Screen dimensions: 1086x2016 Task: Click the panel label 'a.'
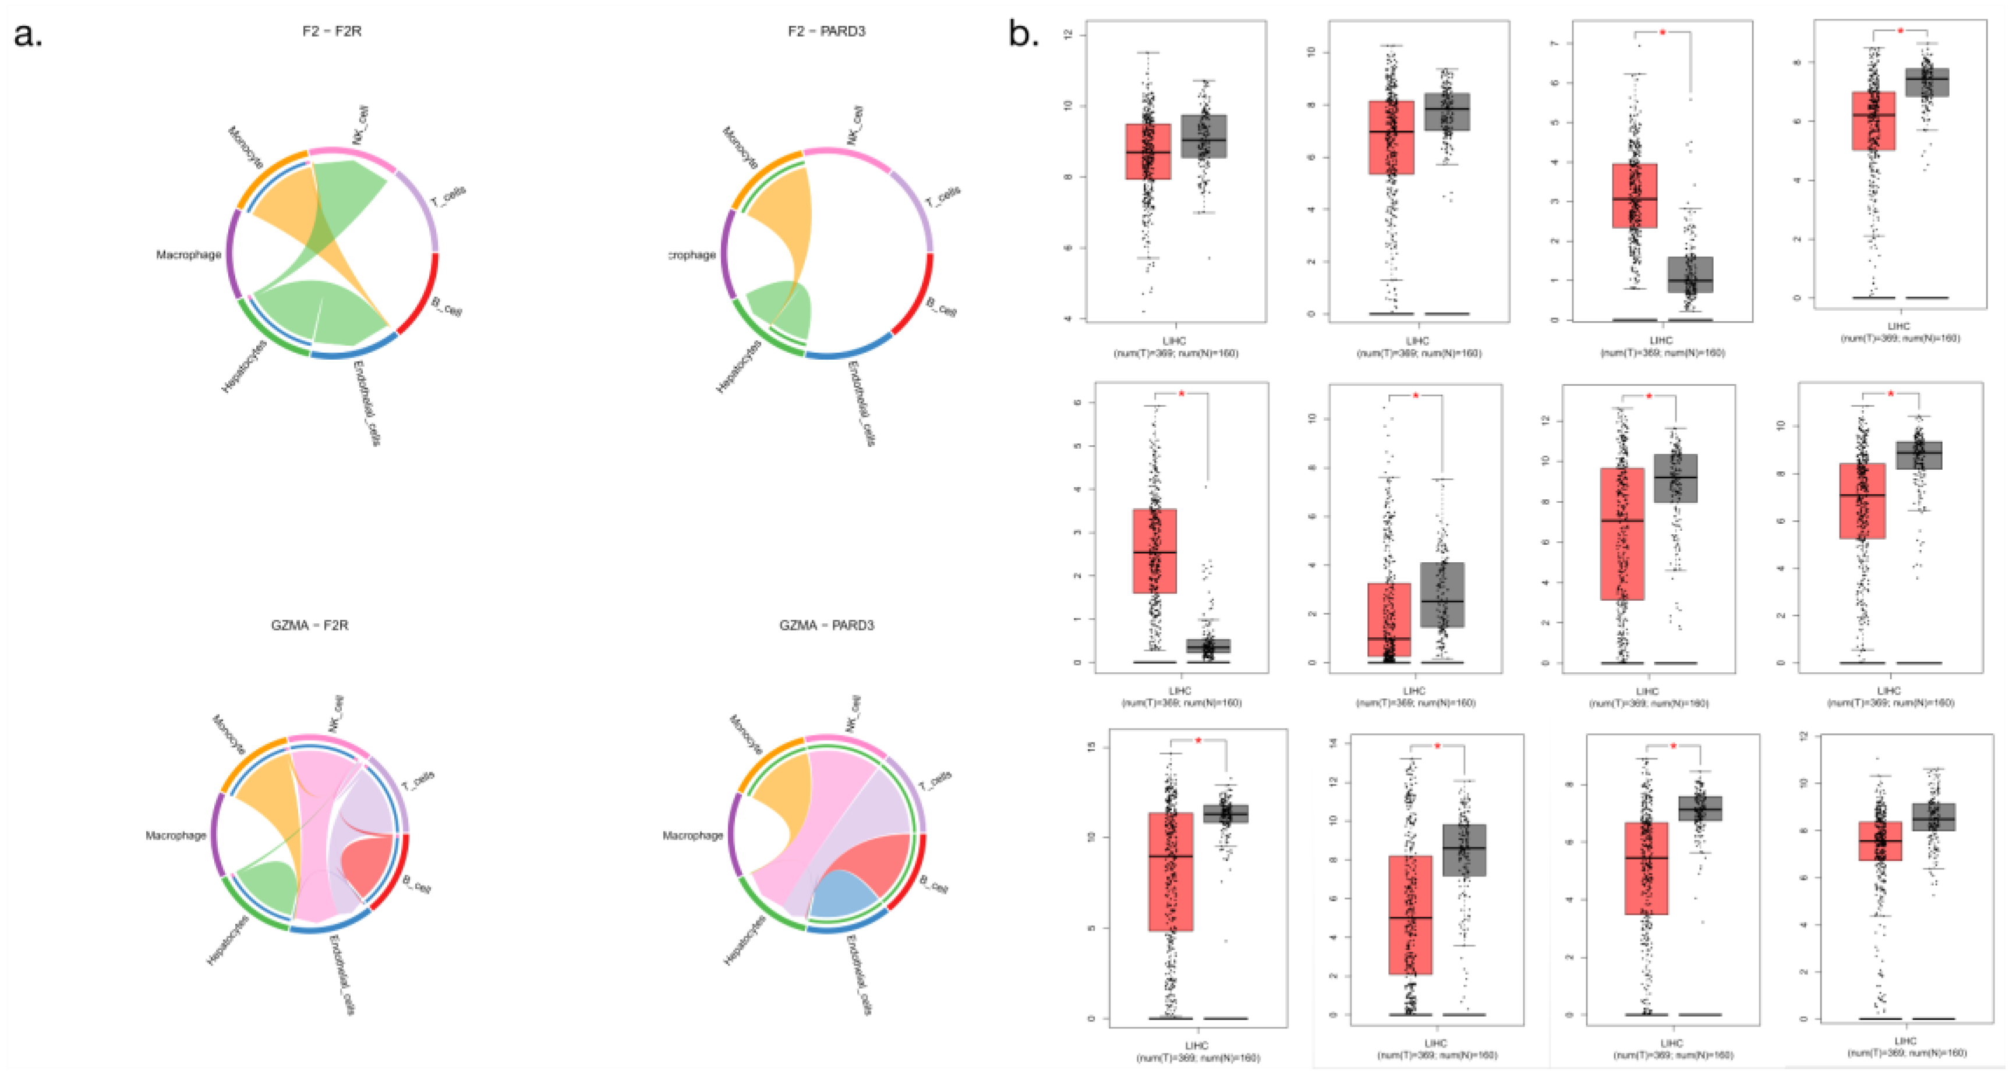tap(28, 34)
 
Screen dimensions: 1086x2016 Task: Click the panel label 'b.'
tap(1024, 34)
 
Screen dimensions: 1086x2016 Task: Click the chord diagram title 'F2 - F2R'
tap(332, 31)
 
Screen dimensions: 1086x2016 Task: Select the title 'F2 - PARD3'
tap(826, 31)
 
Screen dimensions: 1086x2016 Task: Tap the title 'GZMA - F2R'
tap(309, 625)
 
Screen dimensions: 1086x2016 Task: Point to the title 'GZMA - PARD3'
tap(826, 625)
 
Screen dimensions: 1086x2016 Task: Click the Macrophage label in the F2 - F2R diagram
tap(188, 254)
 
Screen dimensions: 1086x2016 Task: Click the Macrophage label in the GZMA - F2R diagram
tap(175, 836)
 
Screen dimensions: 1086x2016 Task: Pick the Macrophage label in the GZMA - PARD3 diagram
tap(692, 836)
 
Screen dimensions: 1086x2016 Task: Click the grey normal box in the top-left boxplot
tap(1204, 136)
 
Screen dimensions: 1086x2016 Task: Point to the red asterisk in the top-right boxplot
tap(1900, 32)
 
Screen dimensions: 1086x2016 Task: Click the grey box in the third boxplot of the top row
tap(1690, 275)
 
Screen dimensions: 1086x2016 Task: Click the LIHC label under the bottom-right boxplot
tap(1906, 1041)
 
